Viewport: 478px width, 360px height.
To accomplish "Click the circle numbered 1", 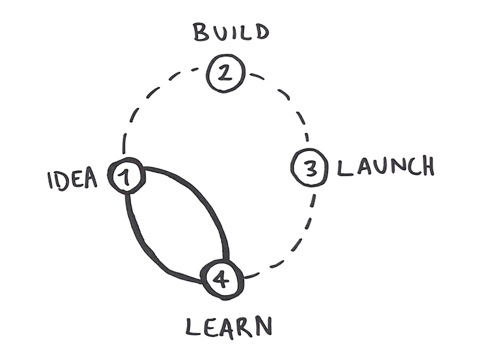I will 126,176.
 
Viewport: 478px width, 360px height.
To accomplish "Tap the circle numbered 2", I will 226,74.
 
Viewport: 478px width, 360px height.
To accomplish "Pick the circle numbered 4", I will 223,277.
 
